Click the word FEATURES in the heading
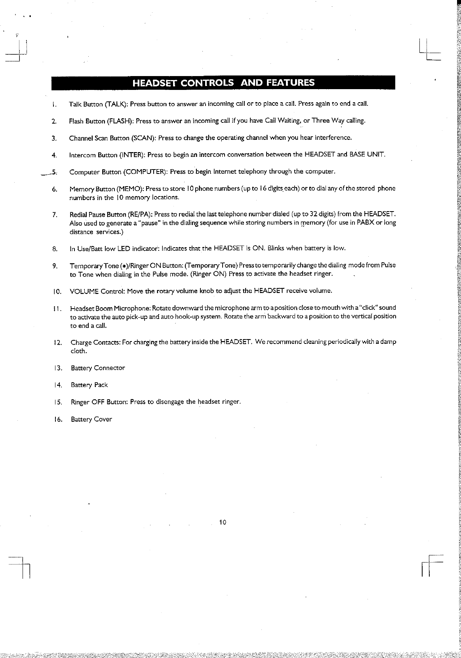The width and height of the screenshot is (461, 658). [x=290, y=83]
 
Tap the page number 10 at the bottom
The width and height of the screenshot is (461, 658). [x=222, y=522]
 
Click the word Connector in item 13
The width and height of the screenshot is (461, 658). [x=109, y=368]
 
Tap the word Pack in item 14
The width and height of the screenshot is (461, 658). [x=101, y=385]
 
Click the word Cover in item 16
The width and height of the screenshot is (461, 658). [x=103, y=419]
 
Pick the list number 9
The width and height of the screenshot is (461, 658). [x=55, y=266]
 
